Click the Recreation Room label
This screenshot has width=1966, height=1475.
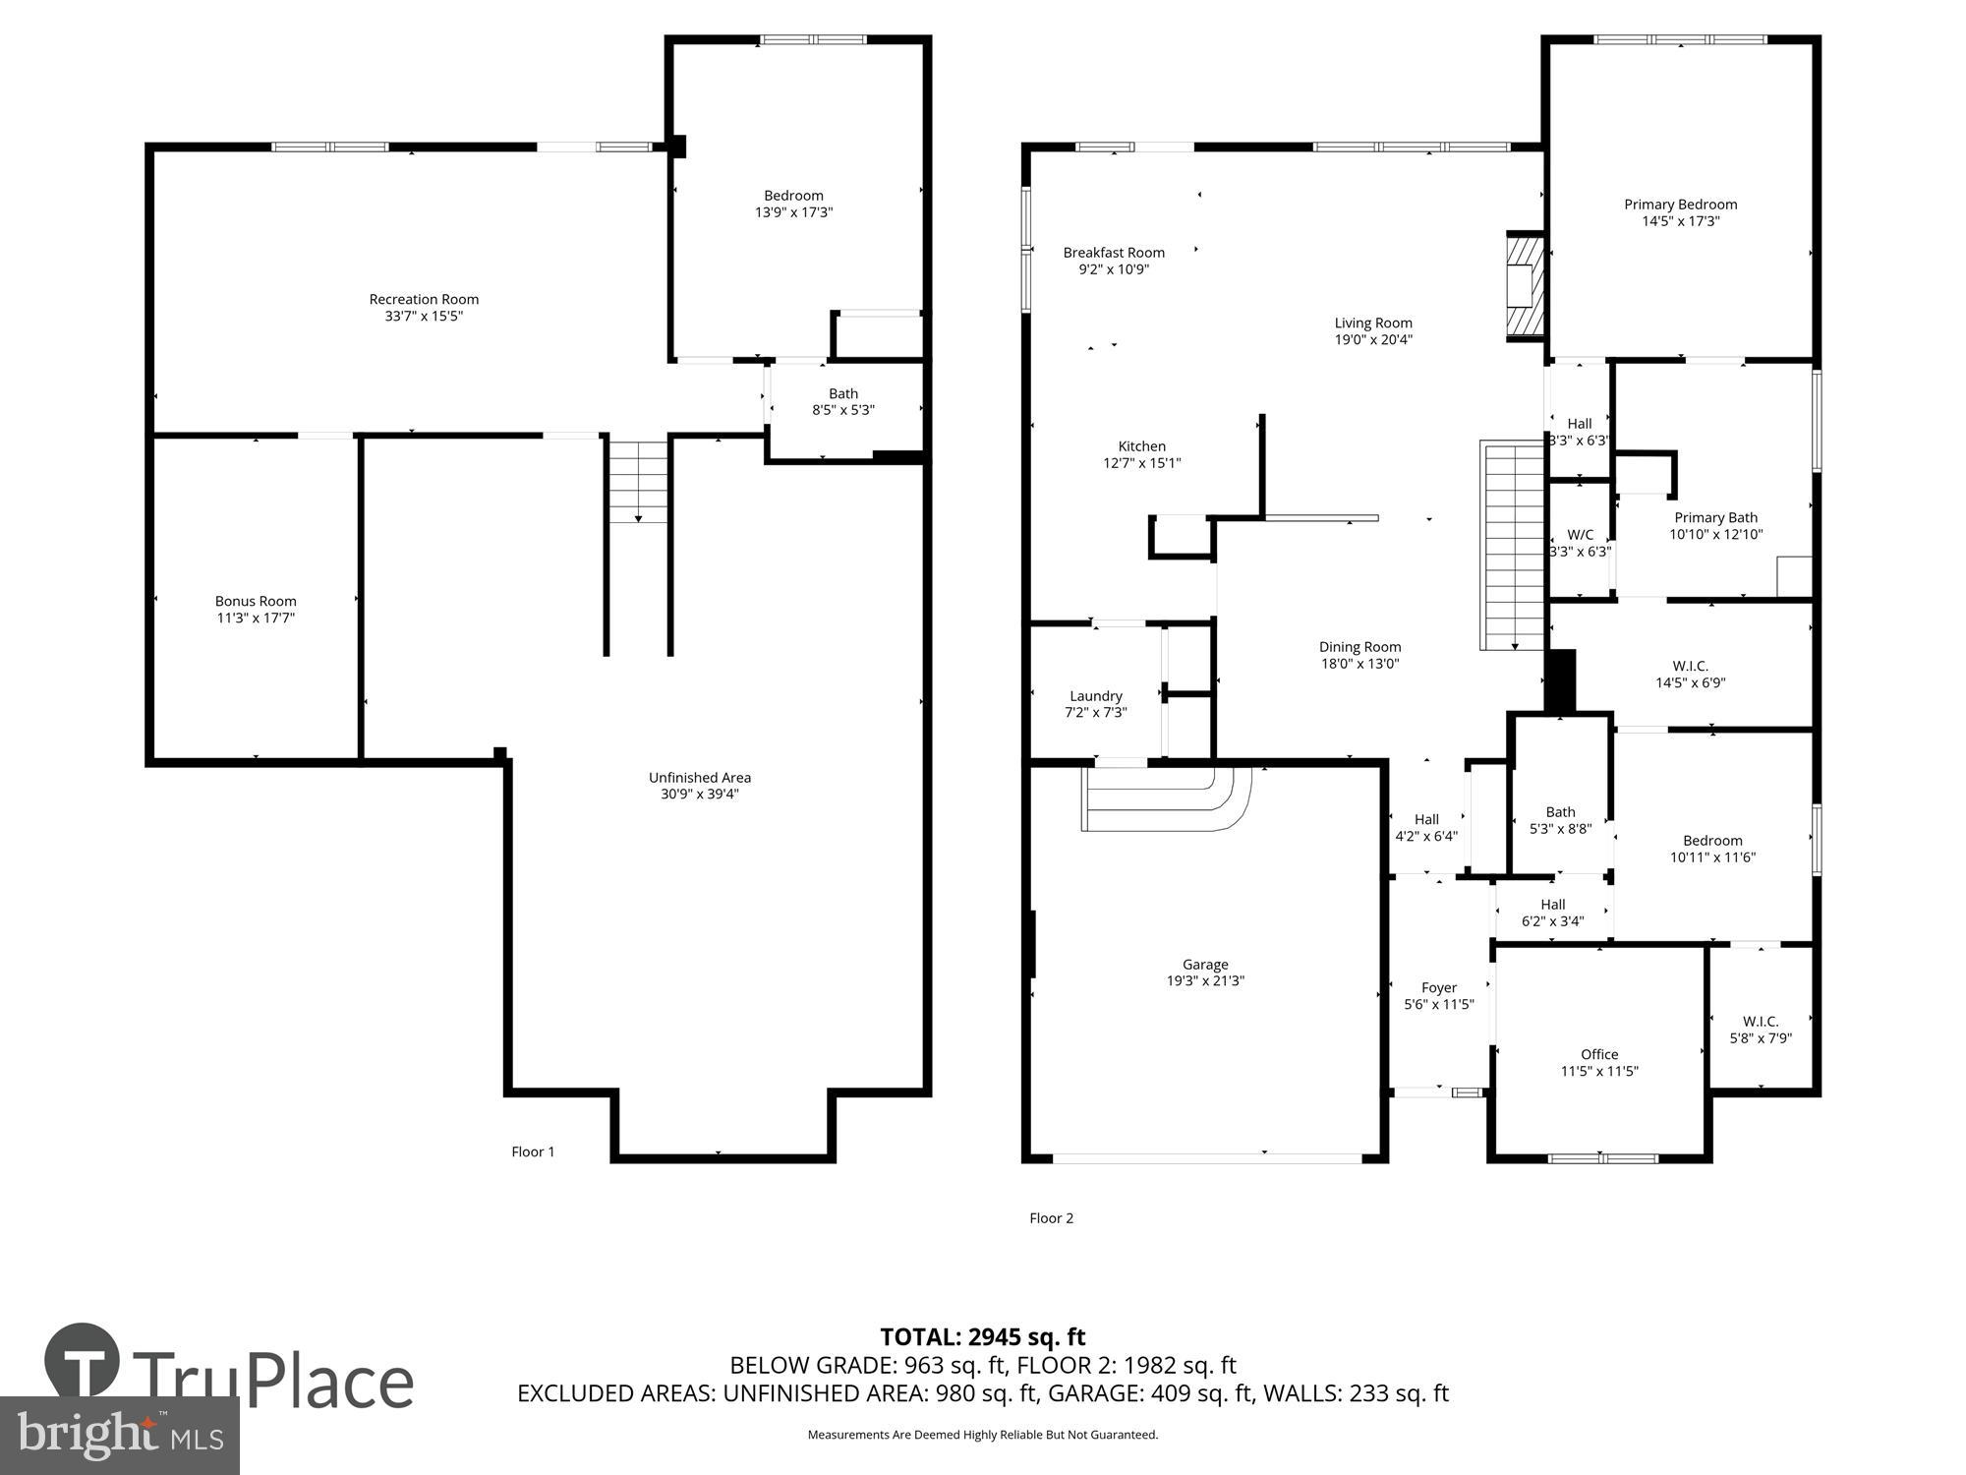424,299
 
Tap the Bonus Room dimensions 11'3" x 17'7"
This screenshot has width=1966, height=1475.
256,619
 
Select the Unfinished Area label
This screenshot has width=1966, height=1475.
699,777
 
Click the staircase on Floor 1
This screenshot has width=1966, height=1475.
638,481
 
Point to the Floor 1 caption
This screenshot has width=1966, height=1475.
533,1151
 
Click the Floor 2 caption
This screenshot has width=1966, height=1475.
1051,1217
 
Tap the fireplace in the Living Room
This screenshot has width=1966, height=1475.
1525,287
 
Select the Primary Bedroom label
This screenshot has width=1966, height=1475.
1680,205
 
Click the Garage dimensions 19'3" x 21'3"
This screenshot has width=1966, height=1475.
1205,980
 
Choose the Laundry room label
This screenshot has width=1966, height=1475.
1095,695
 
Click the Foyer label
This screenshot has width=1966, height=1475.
1439,987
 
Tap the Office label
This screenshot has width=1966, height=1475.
1599,1054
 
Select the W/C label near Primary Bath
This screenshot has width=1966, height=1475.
1580,535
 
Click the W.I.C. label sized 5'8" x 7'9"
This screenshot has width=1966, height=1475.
1761,1022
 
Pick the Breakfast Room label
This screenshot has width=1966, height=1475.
1114,253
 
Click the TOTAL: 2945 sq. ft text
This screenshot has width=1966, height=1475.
982,1337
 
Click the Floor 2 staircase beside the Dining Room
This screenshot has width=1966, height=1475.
1513,546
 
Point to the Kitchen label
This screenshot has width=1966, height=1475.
1141,446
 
